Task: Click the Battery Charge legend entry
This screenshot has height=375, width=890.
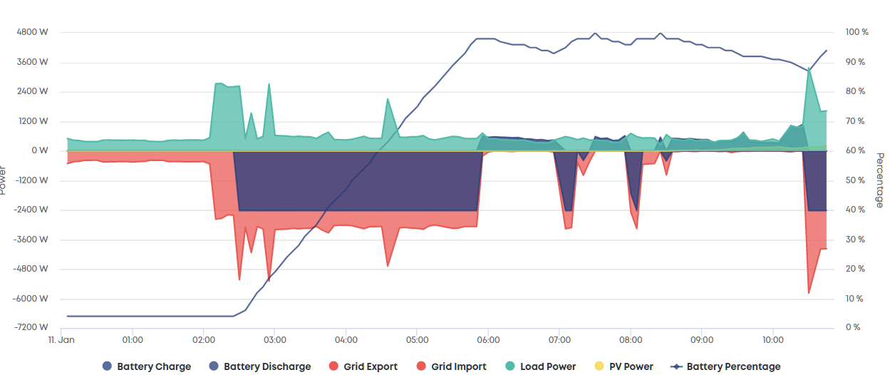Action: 147,366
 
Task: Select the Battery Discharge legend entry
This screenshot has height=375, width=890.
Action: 260,366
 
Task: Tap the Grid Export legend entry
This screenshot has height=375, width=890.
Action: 363,366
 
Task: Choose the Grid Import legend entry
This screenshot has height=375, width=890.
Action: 451,366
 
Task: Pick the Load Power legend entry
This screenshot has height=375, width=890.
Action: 540,366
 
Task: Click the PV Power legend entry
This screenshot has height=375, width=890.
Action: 623,366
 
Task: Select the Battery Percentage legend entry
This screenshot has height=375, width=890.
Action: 725,366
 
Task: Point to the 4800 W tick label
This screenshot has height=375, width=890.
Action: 32,32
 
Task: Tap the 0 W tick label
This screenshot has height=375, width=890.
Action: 40,150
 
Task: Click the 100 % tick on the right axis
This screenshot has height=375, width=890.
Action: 857,32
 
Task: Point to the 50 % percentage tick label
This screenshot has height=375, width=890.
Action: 855,180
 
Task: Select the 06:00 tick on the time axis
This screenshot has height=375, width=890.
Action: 488,340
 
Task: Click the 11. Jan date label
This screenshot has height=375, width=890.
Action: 61,340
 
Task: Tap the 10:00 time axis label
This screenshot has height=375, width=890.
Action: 773,340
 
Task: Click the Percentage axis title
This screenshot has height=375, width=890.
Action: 880,180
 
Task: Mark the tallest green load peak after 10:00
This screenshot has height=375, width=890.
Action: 809,68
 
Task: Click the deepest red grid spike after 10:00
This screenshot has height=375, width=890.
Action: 809,293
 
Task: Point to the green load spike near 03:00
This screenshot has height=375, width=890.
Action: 269,84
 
